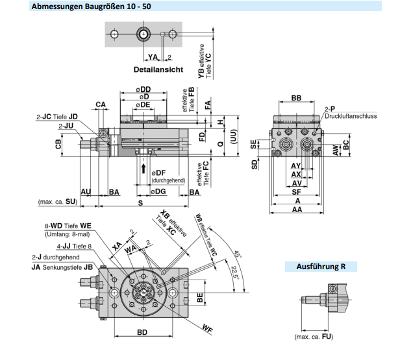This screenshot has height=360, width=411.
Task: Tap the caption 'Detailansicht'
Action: tap(158, 69)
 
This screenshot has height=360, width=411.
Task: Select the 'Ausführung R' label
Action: tap(320, 266)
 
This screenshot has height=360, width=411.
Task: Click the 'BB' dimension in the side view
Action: tap(296, 98)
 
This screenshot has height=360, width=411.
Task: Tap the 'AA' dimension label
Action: tap(297, 210)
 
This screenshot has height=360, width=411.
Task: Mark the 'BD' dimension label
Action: tap(143, 332)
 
